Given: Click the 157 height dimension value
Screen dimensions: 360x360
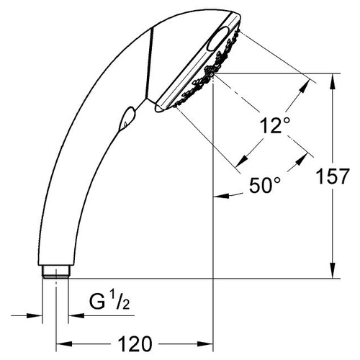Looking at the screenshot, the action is (x=332, y=176).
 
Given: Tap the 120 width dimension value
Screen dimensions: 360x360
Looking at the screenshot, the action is (x=135, y=344).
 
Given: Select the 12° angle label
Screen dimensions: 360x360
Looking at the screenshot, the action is (x=275, y=125).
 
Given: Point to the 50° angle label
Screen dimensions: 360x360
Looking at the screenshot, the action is (x=265, y=185).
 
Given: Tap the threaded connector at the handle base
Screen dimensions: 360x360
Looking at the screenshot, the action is (x=56, y=271).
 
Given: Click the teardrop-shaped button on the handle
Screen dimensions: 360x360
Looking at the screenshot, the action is (x=127, y=119).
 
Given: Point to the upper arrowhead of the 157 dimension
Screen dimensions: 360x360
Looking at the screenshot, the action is (x=333, y=81).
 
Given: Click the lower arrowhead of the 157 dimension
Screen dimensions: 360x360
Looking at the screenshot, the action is (x=333, y=270).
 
